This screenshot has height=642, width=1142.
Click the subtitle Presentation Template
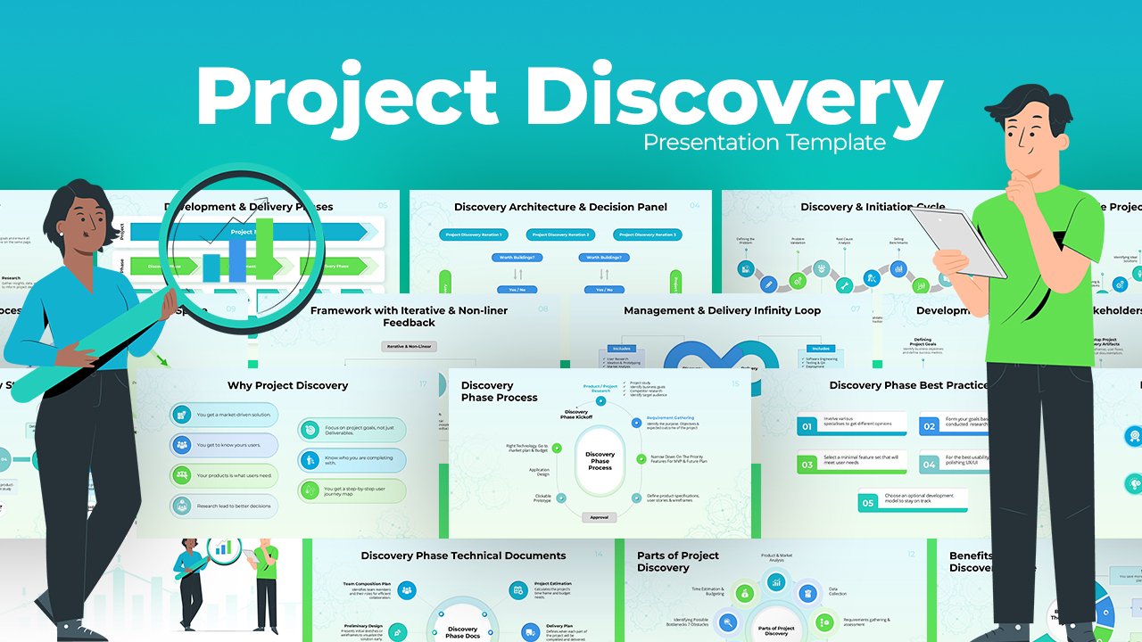point(765,143)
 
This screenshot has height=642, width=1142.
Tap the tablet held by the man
point(972,241)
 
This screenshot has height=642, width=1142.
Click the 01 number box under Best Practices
point(807,426)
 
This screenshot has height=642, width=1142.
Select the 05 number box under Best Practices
point(868,503)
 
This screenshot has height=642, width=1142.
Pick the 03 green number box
point(807,464)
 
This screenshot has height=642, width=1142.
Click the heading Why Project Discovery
point(288,386)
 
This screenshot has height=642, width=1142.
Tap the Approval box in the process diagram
point(600,517)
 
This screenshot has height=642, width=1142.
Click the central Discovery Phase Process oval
point(600,461)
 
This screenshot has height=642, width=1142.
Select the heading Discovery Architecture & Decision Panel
point(560,207)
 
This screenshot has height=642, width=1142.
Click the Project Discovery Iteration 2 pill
point(560,235)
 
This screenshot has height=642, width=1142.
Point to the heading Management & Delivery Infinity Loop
point(723,311)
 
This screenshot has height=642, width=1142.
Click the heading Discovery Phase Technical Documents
point(463,556)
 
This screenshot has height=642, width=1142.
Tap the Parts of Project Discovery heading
point(677,562)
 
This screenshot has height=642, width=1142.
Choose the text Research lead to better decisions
point(235,506)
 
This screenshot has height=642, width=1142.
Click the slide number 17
point(423,384)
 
